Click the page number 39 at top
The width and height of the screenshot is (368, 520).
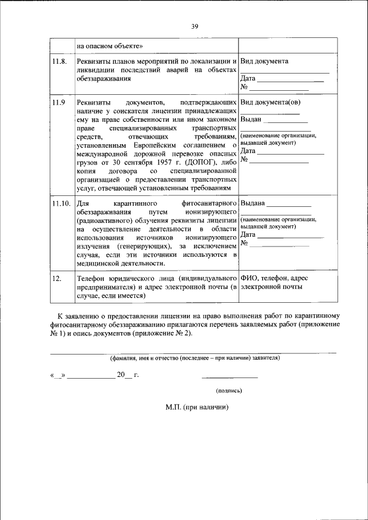point(194,26)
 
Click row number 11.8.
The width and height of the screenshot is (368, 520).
point(59,61)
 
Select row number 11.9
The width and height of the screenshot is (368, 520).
point(59,103)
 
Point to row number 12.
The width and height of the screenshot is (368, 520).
point(56,279)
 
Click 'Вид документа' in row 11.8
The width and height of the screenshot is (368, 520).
point(264,61)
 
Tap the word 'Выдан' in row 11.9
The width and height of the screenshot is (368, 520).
point(251,120)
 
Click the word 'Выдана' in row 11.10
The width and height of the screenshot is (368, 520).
point(253,204)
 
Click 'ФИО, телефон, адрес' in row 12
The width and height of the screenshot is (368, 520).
point(276,279)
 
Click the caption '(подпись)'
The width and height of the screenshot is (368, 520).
point(229,391)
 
